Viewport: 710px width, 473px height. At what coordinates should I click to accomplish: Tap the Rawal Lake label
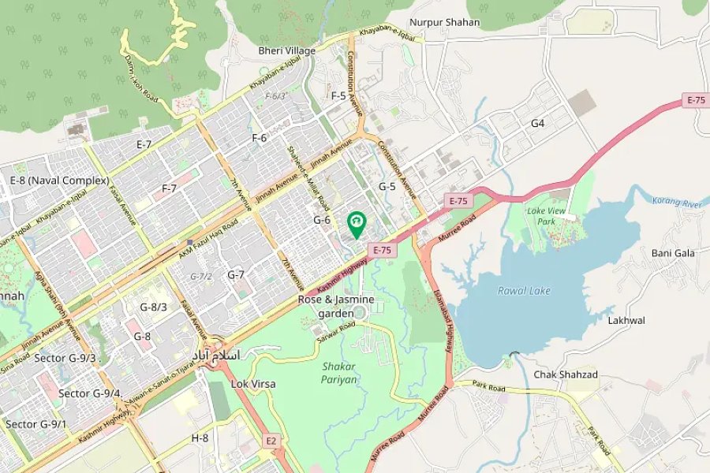[524, 291]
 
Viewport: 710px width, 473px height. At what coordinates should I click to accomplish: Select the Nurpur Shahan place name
[444, 22]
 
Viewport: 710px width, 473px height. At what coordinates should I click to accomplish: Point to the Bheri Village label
[287, 50]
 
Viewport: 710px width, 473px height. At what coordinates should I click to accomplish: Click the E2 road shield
[271, 440]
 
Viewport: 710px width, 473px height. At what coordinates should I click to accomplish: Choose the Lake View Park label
[547, 216]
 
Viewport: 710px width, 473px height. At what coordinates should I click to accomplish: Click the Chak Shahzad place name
[566, 374]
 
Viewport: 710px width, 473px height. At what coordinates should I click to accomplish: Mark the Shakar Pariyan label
[340, 373]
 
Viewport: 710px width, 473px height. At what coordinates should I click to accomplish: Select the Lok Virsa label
[253, 384]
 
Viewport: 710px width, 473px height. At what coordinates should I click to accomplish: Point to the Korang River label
[677, 202]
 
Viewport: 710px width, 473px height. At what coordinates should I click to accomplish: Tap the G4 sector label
[537, 123]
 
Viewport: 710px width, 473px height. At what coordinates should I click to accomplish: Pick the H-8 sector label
[200, 438]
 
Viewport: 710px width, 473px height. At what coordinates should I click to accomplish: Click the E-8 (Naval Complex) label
[59, 181]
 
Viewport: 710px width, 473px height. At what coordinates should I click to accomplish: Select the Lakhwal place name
[626, 321]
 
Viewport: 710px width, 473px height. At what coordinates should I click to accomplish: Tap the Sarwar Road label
[336, 330]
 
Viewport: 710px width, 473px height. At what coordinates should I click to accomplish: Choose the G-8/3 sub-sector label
[153, 307]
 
